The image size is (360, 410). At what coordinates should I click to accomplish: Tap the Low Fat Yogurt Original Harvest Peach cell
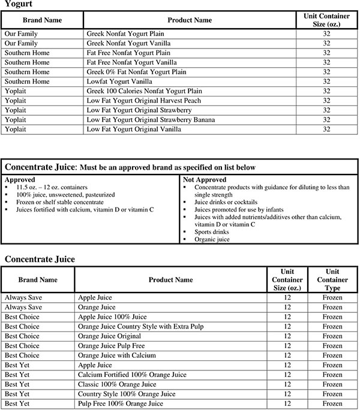pos(144,101)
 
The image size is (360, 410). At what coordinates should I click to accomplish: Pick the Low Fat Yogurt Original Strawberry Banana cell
pos(151,120)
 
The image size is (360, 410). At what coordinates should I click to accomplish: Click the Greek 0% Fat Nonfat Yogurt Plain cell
pos(137,72)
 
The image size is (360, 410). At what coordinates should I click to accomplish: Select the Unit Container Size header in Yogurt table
pos(326,20)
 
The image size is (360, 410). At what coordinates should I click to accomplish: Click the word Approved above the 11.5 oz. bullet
pos(20,179)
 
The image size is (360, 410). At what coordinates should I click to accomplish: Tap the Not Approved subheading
pos(205,179)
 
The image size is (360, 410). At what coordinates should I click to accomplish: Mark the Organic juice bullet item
pos(212,239)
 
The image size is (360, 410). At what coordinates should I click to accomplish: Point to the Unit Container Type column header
pos(332,280)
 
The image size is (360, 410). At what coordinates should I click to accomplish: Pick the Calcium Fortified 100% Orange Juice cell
pos(128,375)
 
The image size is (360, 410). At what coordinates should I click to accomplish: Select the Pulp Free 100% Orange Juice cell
pos(121,403)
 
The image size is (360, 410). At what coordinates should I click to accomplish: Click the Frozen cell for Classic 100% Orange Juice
pos(332,384)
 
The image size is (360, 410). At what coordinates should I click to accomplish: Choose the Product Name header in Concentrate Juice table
pos(171,280)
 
